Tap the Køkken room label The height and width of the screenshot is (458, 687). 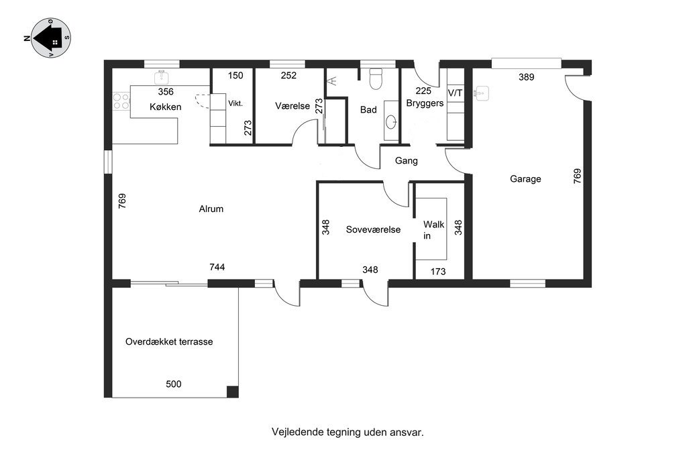coord(165,107)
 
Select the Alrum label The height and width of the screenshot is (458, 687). coord(211,209)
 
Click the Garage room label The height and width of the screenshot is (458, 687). coord(525,179)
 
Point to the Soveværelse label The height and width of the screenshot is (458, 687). coord(373,229)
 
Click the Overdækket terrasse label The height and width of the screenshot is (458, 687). coord(169,341)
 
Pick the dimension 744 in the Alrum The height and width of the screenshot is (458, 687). coord(217,267)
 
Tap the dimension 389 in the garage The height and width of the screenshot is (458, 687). coord(526,77)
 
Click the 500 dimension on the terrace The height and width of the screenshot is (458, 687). coord(174,384)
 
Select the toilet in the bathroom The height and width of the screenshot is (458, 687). coord(376,79)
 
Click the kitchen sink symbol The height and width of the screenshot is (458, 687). coord(162,78)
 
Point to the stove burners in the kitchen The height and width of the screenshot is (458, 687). coord(121,101)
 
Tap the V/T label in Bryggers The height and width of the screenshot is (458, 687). coord(456,93)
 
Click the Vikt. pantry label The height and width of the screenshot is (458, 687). coord(235,104)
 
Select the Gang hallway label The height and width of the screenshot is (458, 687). coord(406,161)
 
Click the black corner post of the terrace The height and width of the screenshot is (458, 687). coord(233,392)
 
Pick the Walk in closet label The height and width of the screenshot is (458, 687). coord(433,230)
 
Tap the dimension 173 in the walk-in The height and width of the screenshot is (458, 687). coord(437,272)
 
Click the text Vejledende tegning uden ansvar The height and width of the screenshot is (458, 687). coord(348,433)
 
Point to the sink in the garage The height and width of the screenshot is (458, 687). coord(482,93)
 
